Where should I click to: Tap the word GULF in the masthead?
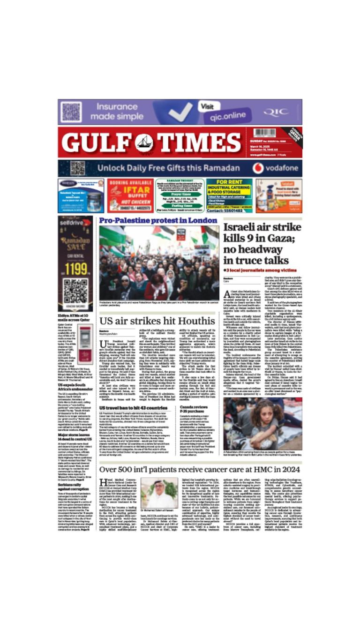(98, 142)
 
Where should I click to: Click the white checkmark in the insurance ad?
(180, 112)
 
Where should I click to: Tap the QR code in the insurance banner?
(71, 112)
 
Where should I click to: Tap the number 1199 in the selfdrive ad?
(75, 269)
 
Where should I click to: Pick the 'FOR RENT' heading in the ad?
(228, 182)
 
